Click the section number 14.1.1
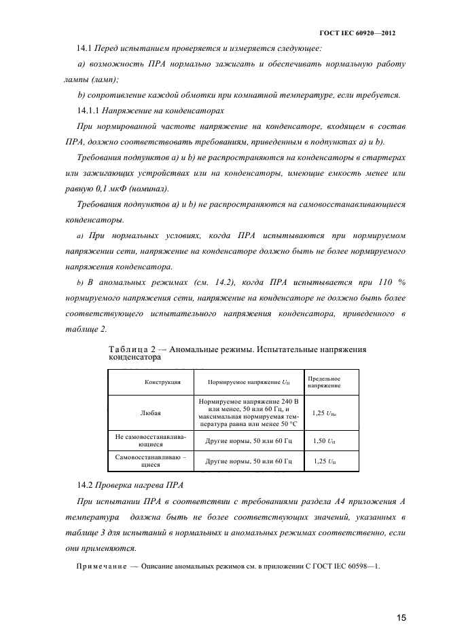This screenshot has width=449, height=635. [90, 110]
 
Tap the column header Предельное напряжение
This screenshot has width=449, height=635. [325, 382]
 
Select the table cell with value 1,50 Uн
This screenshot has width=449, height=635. [324, 441]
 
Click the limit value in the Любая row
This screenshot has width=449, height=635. [324, 411]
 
